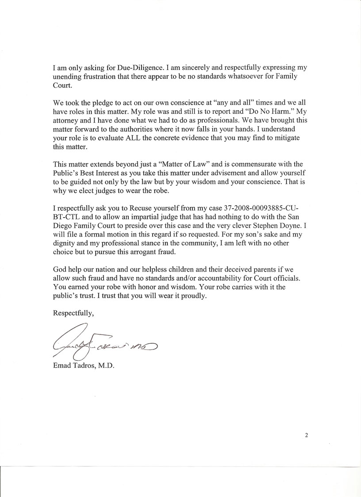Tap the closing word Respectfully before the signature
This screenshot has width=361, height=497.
point(73,313)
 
